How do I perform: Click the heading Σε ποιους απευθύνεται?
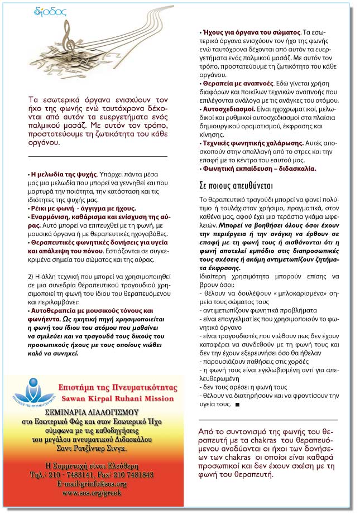coord(236,185)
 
